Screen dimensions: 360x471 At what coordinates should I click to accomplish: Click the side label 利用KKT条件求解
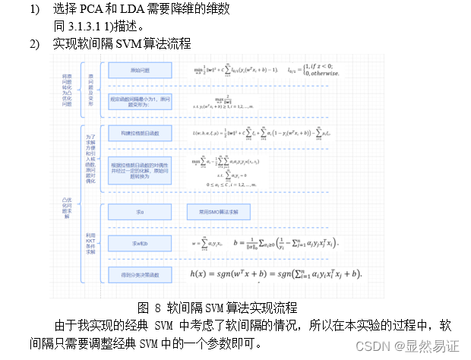pos(90,243)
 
